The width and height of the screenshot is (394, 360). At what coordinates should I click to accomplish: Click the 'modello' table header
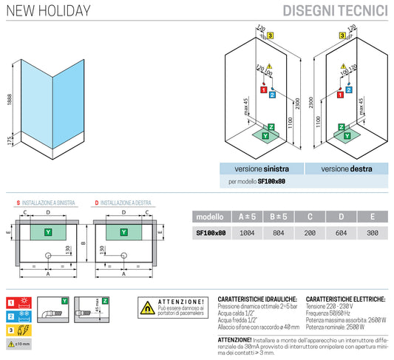pos(210,217)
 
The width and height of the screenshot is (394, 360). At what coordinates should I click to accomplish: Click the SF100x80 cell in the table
pos(210,232)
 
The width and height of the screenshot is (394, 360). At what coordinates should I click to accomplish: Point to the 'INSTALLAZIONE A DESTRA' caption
pos(126,202)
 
